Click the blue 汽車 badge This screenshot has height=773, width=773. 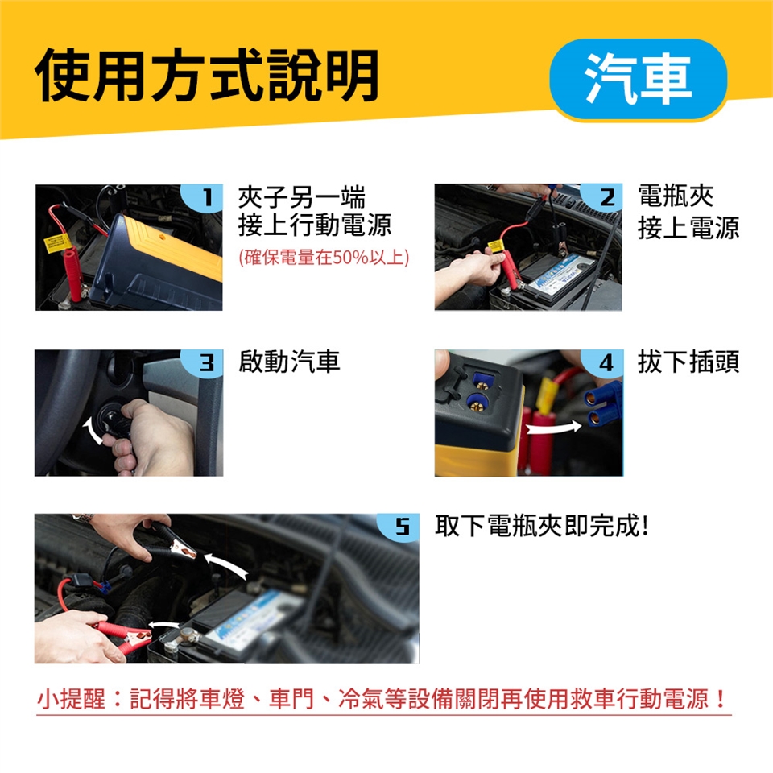coord(639,79)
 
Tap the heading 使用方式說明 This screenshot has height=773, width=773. coord(208,76)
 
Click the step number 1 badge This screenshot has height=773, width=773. coord(204,198)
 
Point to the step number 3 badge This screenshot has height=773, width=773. coord(204,364)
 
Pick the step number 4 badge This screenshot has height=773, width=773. coord(603,364)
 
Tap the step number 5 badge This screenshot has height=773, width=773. coord(399,527)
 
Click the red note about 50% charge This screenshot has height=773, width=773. coord(324,257)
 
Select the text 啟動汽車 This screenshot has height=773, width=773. coord(289,362)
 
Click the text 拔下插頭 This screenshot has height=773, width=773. coord(688,362)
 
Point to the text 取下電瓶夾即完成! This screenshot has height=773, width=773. coord(541,526)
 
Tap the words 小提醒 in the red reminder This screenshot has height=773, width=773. coord(71,699)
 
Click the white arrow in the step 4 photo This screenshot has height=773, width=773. coord(554,428)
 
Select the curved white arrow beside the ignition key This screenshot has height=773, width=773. coord(92,430)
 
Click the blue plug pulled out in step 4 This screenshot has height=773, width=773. coord(602,405)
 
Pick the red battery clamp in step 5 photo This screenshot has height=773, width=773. coord(123,635)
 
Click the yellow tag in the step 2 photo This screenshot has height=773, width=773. coord(497,246)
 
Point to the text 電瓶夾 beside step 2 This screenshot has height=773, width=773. coord(676,196)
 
